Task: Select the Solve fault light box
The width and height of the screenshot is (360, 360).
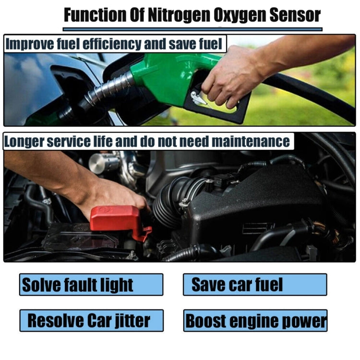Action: [91, 285]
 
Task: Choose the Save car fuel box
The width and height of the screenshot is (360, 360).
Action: [255, 284]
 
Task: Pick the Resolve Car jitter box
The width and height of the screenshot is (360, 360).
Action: [91, 320]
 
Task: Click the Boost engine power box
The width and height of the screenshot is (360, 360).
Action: [255, 320]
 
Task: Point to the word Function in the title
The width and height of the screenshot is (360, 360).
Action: [94, 15]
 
